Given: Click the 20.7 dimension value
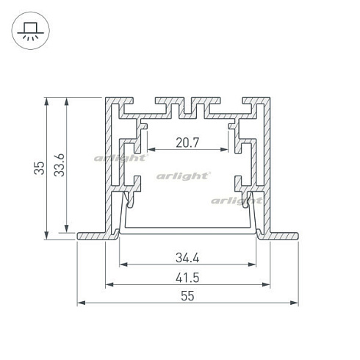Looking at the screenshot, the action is [187, 143].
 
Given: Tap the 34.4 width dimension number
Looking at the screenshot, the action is [187, 258].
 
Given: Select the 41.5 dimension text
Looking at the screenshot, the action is [187, 278].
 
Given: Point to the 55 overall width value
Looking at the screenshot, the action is [187, 296].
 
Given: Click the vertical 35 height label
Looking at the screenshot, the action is [39, 168].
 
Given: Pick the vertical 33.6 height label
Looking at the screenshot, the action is [60, 165].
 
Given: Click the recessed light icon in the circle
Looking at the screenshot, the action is [31, 31].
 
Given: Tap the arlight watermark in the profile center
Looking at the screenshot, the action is [183, 176].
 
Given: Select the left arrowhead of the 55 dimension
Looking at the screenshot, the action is [82, 303].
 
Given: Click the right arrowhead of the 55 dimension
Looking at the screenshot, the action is [294, 303].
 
